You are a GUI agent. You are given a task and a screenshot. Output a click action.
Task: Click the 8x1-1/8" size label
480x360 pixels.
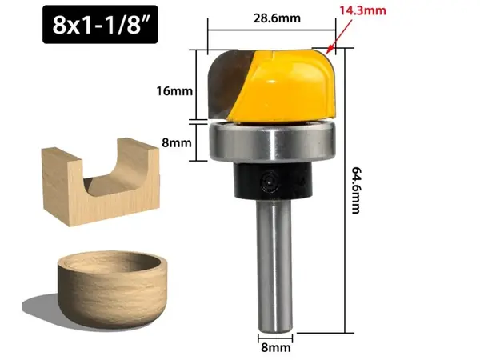pos(100,25)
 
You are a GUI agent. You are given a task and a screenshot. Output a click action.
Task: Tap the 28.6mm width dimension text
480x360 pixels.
pos(277,18)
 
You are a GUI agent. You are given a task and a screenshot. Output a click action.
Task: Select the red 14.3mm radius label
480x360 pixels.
pos(362,10)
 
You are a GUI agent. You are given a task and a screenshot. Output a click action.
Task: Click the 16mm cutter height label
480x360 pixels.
pos(174,91)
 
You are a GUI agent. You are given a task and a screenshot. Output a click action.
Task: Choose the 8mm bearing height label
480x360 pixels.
pos(177,142)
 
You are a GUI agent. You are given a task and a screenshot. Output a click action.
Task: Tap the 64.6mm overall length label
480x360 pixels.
pos(355,190)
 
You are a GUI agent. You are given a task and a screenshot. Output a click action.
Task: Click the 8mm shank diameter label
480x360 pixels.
pos(276,348)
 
